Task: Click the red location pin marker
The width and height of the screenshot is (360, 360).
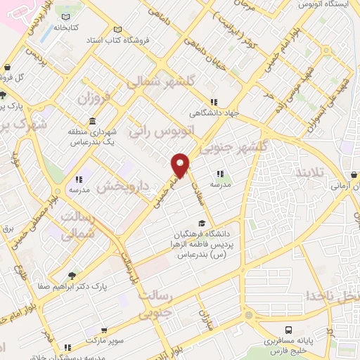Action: coord(181,165)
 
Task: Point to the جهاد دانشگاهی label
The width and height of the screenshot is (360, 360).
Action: coord(214,112)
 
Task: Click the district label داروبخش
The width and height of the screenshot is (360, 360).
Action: coord(122,184)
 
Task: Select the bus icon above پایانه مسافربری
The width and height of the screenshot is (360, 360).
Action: coord(288,330)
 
